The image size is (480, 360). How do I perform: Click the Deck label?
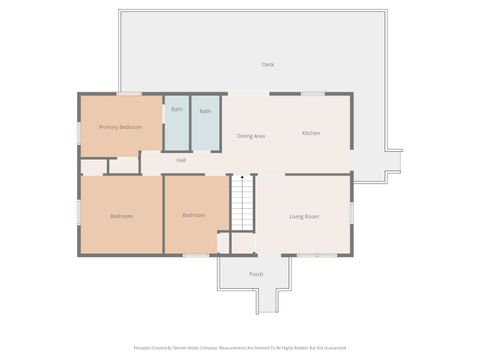pos(268,65)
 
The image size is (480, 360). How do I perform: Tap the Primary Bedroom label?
pos(120,127)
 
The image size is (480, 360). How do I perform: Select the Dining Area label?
pos(250,136)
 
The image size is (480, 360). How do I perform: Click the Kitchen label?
pos(311,133)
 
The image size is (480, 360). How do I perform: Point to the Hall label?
pos(181,160)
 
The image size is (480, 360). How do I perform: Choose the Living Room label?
pos(304,216)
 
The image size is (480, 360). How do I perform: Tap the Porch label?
pos(256,274)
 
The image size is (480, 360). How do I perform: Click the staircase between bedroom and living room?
pos(242,204)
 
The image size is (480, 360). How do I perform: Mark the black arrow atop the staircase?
pos(242,175)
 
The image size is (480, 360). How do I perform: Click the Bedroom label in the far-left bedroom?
pos(121,216)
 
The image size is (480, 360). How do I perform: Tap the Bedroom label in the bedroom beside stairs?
pos(194,215)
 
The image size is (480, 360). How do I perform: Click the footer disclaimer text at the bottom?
pos(240,348)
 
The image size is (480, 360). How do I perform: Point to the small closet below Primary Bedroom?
pos(123,165)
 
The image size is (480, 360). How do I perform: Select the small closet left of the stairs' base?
pos(224,243)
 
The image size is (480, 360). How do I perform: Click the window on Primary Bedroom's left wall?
pos(80,131)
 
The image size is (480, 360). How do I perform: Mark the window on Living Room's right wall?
pos(351,214)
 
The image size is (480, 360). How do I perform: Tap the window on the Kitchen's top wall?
pos(313,94)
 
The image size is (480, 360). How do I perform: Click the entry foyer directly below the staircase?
pos(243,243)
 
